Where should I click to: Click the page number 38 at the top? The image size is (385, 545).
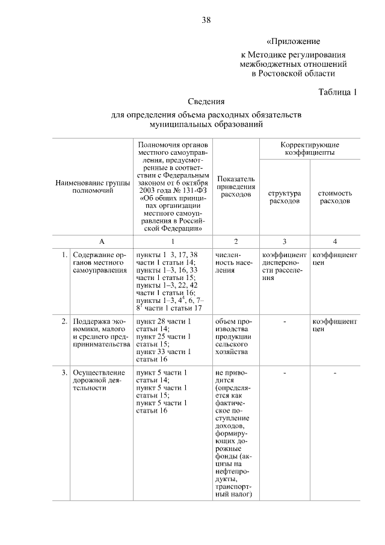pos(206,20)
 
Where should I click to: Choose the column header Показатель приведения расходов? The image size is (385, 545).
pos(236,187)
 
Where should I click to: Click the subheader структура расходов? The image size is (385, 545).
pos(285,197)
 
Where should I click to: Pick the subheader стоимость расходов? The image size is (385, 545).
pos(335,197)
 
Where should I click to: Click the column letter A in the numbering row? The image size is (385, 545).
pos(102,241)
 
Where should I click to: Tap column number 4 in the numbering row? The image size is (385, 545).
pos(335,241)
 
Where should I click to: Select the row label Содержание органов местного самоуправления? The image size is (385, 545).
pos(99,263)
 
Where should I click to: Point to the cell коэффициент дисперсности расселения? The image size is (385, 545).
pos(285,267)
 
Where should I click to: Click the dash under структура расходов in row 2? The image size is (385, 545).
pos(285,322)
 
